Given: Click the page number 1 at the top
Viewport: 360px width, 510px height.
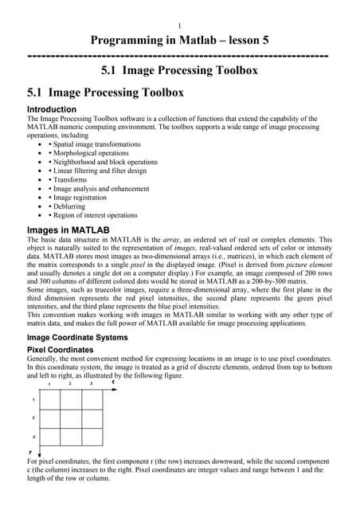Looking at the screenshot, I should pos(180,25).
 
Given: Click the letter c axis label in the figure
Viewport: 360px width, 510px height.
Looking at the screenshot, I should pos(113,382).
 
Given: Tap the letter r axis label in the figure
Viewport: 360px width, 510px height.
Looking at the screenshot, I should pos(30,452).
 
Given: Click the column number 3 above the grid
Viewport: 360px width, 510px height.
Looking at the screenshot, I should pos(91,384).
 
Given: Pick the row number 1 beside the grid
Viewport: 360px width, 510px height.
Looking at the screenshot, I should pos(33,399).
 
